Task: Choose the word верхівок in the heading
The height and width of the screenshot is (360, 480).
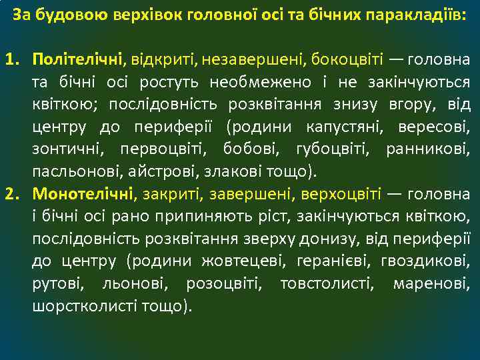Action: (x=168, y=14)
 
